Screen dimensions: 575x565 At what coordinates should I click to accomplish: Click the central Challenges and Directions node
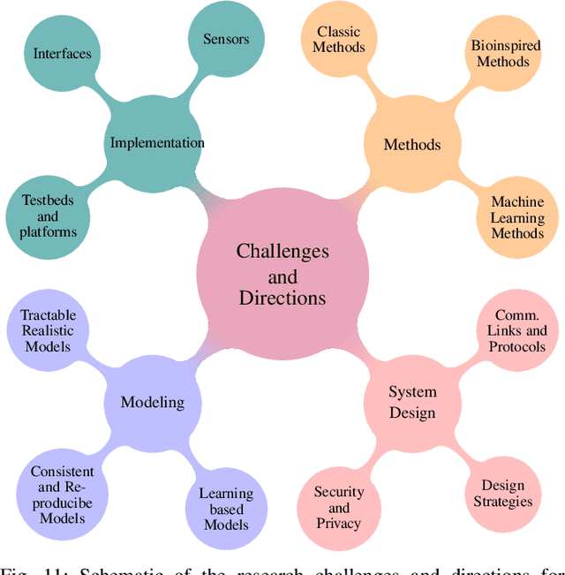[x=282, y=274]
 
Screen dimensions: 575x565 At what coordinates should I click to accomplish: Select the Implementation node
[x=156, y=143]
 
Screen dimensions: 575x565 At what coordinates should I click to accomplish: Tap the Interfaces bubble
[x=63, y=54]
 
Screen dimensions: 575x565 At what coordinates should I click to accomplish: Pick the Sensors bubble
[x=226, y=39]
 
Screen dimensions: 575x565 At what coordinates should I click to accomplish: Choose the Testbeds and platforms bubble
[x=48, y=216]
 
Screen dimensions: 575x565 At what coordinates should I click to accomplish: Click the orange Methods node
[x=411, y=144]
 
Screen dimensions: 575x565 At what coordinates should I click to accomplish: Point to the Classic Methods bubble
[x=338, y=40]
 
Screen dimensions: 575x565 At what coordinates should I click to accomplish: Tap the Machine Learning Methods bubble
[x=517, y=217]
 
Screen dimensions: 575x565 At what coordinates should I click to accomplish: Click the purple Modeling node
[x=152, y=402]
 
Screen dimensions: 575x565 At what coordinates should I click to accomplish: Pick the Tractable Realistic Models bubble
[x=49, y=330]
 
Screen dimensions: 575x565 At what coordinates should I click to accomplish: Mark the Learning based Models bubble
[x=225, y=508]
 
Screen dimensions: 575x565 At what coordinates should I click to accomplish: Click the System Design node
[x=411, y=403]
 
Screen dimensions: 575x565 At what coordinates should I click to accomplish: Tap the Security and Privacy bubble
[x=338, y=508]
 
